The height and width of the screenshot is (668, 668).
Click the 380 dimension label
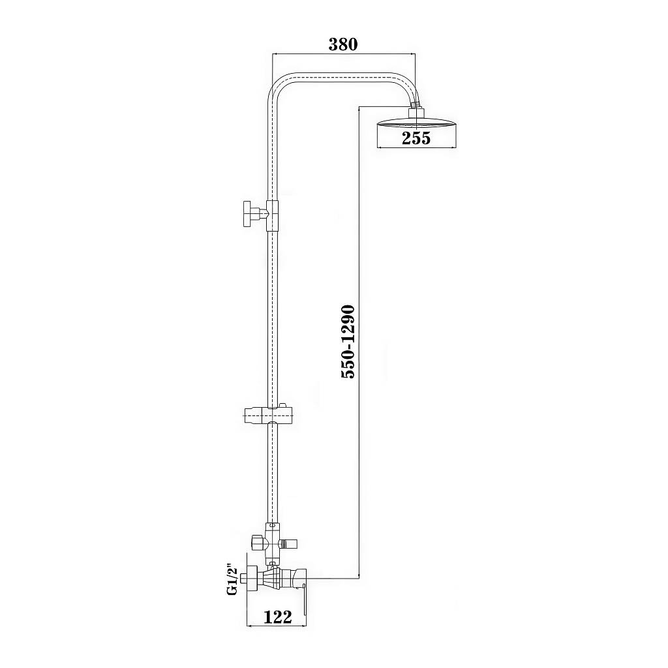343,44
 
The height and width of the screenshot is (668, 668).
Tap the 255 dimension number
416,138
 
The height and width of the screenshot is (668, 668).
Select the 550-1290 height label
348,342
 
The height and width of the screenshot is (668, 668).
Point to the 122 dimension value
278,616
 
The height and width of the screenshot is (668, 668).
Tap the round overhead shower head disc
417,123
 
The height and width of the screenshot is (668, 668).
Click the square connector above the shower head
417,113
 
